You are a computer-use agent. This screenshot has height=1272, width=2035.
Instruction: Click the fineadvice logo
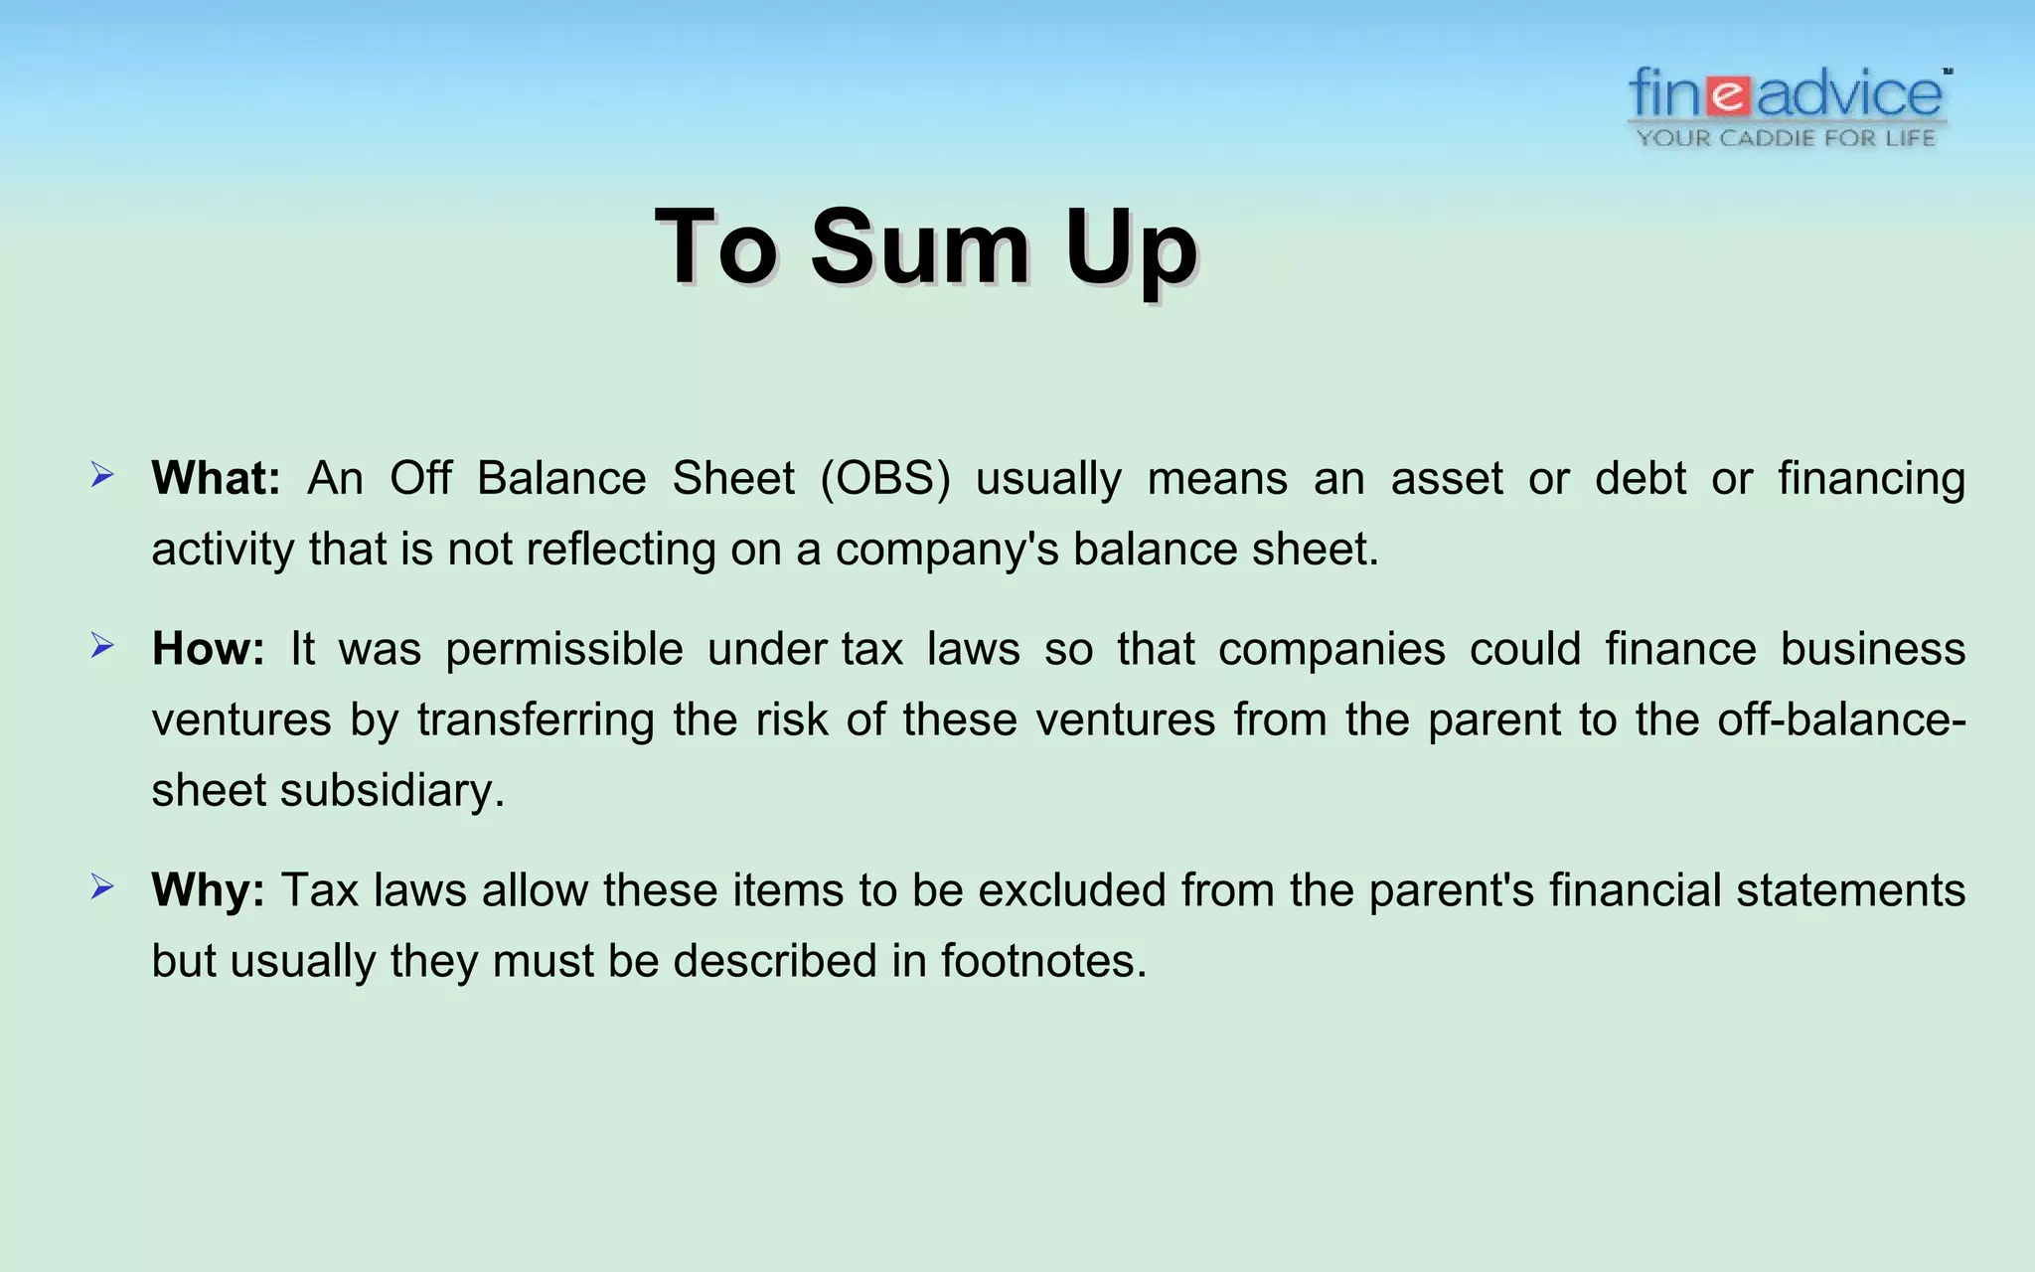click(1787, 95)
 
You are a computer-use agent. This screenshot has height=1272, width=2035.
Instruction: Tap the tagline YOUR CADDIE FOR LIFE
click(1787, 138)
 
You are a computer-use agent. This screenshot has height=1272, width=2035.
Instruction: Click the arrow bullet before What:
click(102, 475)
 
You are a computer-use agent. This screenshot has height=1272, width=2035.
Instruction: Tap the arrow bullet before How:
click(102, 647)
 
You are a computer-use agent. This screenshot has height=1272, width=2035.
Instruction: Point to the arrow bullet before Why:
click(102, 886)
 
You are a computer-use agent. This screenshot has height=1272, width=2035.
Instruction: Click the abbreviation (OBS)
click(885, 478)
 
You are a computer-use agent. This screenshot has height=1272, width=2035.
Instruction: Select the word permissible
click(564, 650)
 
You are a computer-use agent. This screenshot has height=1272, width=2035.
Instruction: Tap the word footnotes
click(1037, 961)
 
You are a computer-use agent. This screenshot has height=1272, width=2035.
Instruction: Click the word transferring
click(536, 719)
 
